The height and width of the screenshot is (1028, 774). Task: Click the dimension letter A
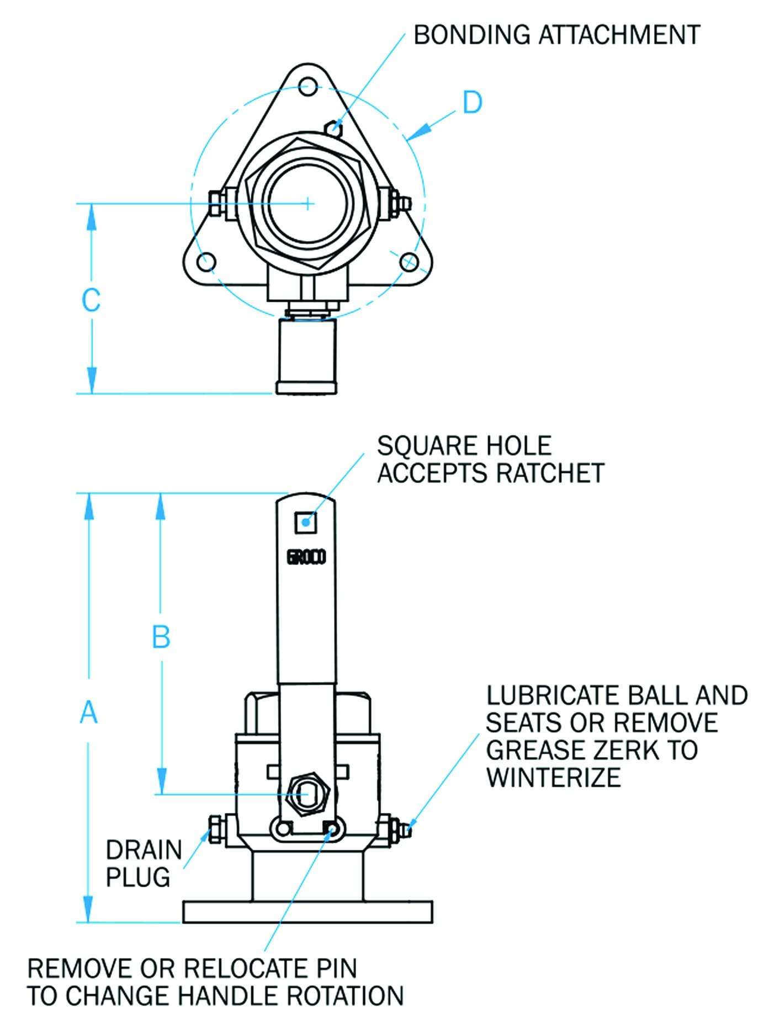(88, 712)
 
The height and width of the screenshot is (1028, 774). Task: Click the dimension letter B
(161, 637)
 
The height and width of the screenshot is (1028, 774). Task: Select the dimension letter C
(91, 300)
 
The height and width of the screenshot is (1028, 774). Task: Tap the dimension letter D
(472, 103)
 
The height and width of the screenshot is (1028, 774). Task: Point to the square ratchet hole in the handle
(305, 522)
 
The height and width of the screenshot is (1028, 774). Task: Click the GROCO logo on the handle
(306, 557)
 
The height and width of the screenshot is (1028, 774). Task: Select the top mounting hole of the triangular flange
(308, 87)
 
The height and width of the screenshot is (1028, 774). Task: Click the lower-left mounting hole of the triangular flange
(206, 262)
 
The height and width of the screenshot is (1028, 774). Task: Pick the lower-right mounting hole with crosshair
(409, 262)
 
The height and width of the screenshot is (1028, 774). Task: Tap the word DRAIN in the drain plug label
(144, 850)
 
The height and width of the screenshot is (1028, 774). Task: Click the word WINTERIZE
(553, 777)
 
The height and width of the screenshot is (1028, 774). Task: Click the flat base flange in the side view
(308, 912)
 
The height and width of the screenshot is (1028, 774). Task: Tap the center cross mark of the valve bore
(308, 204)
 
